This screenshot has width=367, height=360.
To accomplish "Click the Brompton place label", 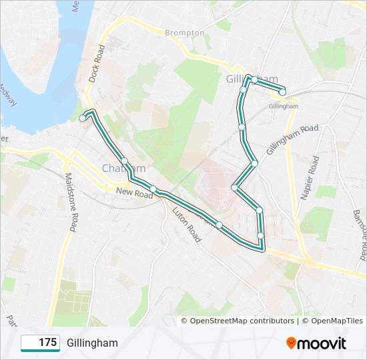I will [185, 32].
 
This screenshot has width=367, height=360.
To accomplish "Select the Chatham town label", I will [123, 168].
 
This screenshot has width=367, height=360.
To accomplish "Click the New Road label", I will [134, 192].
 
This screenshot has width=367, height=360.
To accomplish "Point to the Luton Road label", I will [186, 224].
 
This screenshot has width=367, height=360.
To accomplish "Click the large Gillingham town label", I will [250, 79].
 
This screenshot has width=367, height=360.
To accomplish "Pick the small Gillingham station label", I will [284, 106].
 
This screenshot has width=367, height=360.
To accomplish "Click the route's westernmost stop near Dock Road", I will [83, 118].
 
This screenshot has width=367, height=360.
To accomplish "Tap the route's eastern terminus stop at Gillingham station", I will [282, 92].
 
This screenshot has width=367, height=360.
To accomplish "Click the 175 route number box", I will [41, 343].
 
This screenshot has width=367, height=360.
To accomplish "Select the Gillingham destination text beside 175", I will [92, 343].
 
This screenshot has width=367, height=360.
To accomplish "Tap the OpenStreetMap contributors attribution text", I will [242, 321].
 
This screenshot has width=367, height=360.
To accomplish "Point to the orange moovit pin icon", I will [291, 343].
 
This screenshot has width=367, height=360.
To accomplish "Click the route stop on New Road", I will [153, 189].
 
